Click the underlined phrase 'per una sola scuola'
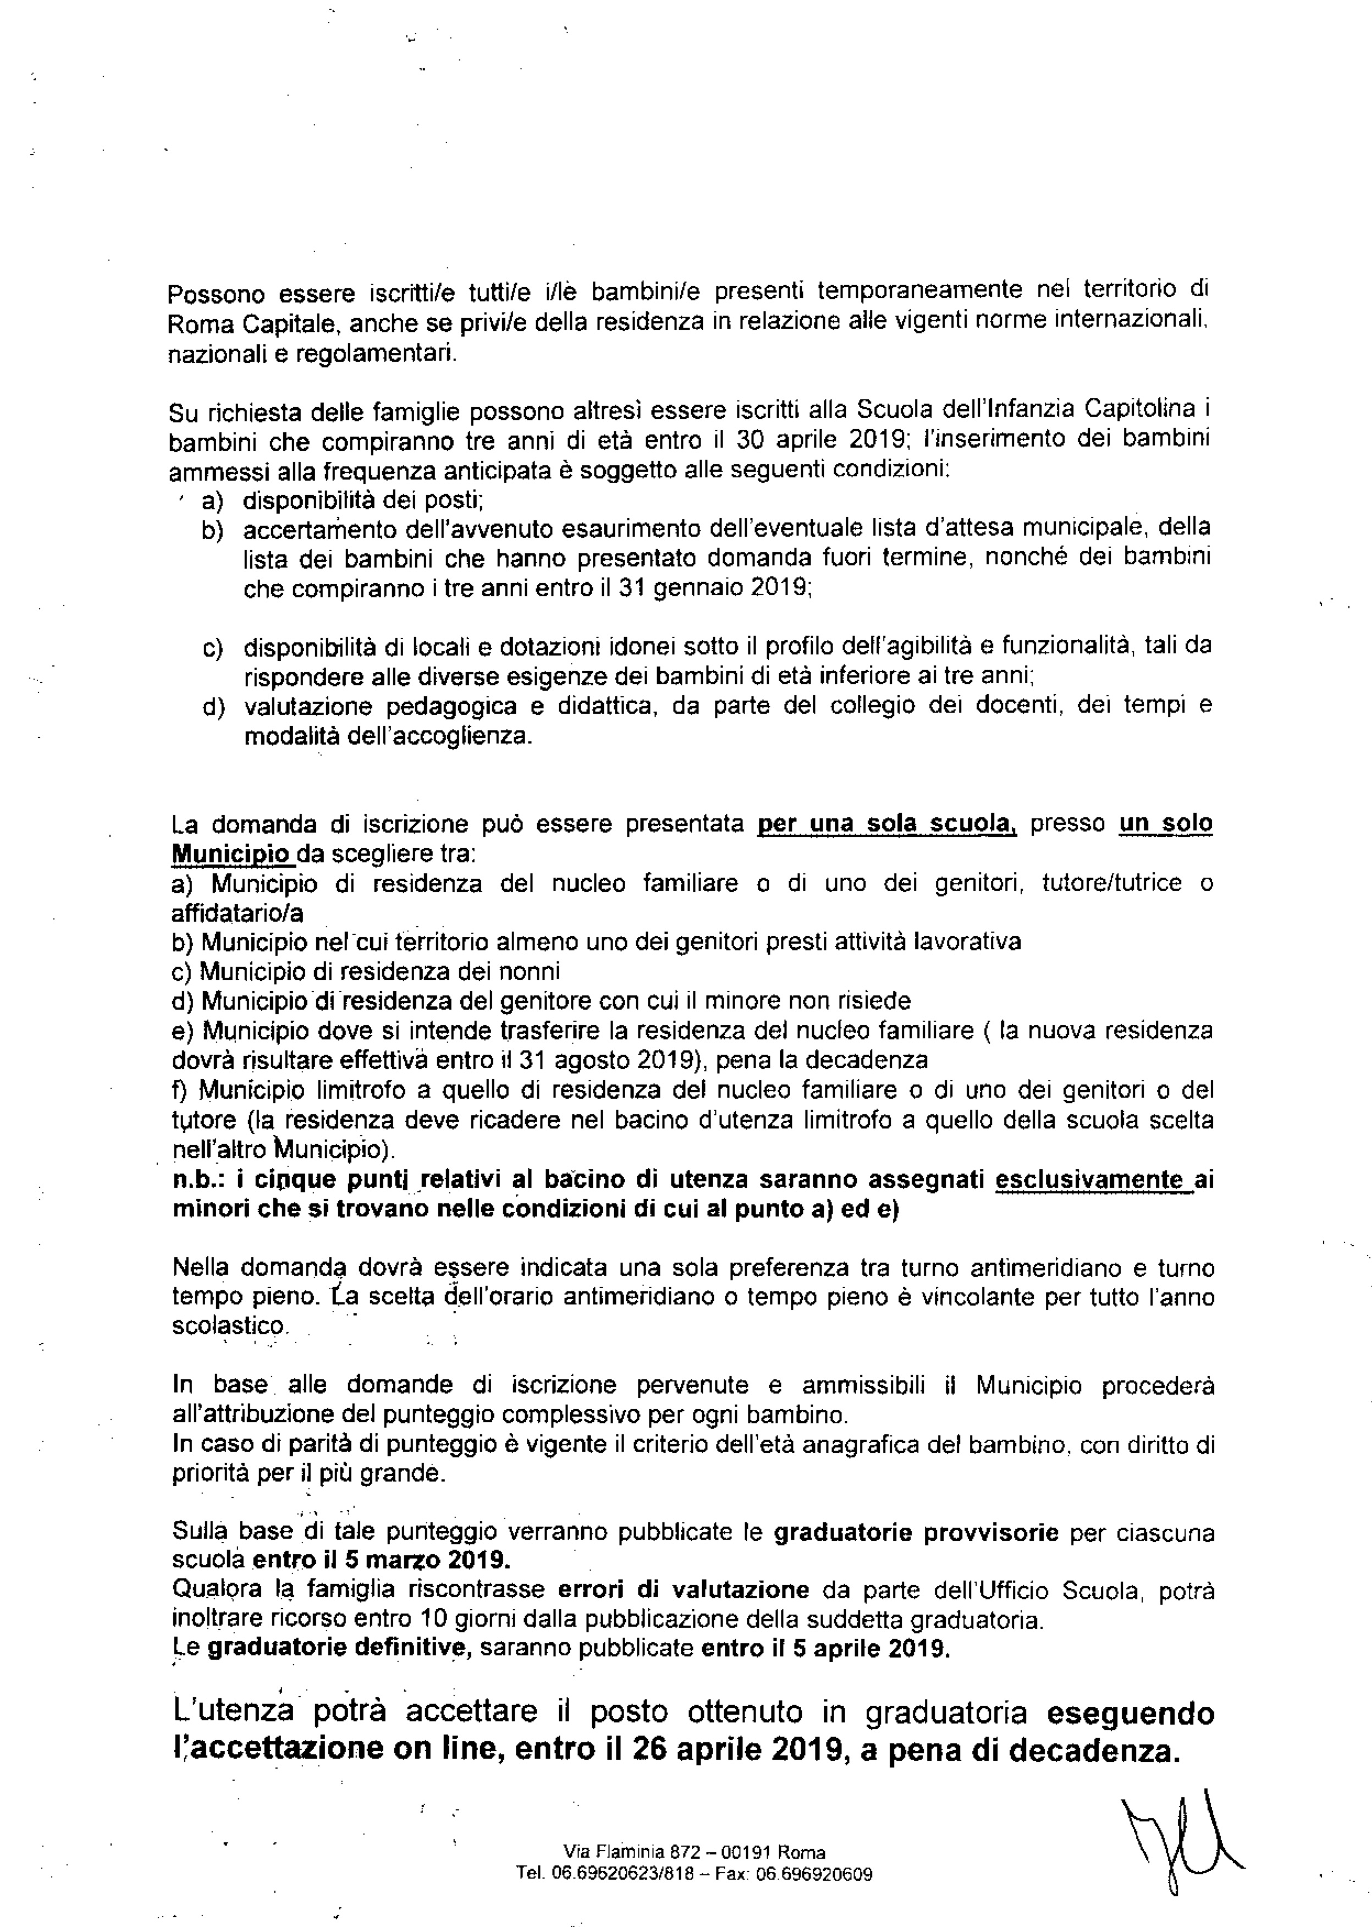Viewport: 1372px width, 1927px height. pyautogui.click(x=887, y=824)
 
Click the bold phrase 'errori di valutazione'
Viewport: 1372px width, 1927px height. pyautogui.click(x=684, y=1589)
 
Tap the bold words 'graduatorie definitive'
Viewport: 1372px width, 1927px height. pyautogui.click(x=339, y=1648)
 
